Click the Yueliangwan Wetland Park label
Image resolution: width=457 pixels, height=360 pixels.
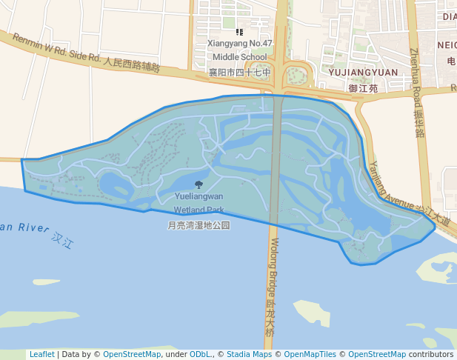pos(199,203)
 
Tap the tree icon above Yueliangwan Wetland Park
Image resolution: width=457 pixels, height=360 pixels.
pos(199,184)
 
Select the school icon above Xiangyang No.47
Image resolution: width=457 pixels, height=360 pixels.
pos(238,33)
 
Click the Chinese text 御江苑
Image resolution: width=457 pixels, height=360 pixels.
pos(363,88)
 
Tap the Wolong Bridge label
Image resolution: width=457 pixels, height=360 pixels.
pos(274,267)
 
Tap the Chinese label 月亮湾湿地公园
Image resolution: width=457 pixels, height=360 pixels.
pos(199,225)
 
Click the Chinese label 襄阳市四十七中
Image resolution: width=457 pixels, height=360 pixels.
pos(239,73)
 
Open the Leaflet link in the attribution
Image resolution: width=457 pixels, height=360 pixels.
pos(41,354)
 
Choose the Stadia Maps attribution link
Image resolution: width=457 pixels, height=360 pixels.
pos(249,354)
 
